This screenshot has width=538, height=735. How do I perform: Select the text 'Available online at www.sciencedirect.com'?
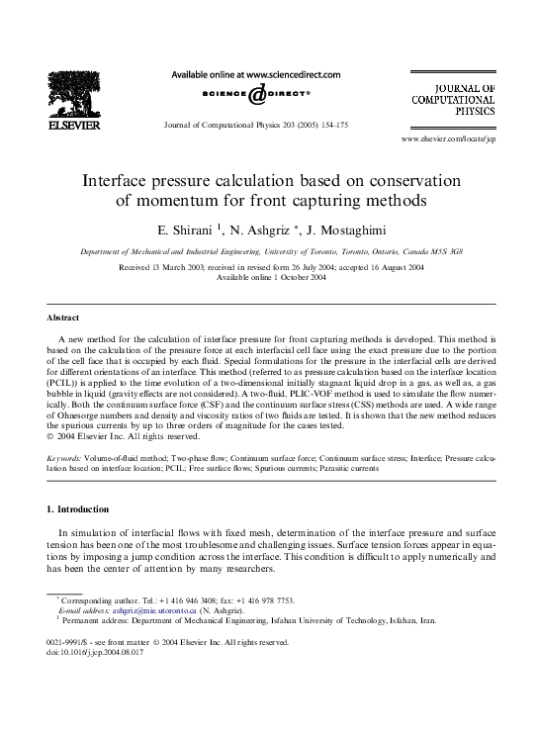(256, 74)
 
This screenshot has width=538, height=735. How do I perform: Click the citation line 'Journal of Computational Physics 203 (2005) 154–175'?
(256, 126)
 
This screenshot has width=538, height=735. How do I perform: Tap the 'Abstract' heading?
(64, 319)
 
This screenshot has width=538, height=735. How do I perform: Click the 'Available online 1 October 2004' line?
(270, 277)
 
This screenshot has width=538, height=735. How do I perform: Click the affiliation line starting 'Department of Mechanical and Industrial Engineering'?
(268, 251)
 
